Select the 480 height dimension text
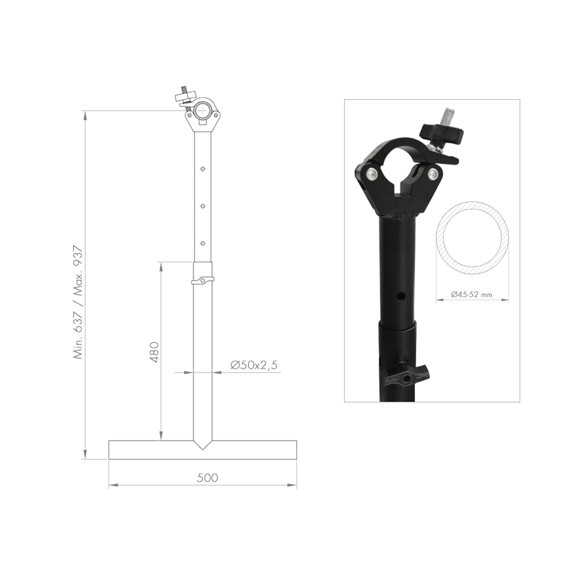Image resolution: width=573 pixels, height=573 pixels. coord(154,352)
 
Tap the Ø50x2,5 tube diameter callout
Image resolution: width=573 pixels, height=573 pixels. coord(254,365)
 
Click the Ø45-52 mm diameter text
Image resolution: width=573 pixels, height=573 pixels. coord(471,294)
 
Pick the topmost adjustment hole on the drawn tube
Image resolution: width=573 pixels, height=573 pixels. coord(203,169)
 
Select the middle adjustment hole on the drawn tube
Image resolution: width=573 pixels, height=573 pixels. coord(203,206)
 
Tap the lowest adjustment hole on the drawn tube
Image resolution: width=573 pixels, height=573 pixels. coord(203,243)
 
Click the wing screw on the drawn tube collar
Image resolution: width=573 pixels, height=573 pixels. coord(203,280)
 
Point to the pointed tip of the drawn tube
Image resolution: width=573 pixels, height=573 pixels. coord(203,449)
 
